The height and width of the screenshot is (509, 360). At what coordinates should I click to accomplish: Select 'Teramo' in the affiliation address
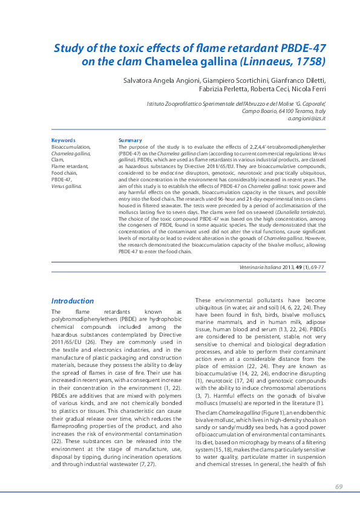click(294, 111)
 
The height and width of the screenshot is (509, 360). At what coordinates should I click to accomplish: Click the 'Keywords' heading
click(64, 140)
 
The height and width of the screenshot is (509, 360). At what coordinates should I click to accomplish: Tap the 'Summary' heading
click(130, 140)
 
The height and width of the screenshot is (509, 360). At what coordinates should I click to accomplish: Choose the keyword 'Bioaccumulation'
click(71, 147)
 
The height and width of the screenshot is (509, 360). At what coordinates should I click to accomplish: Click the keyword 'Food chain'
click(64, 173)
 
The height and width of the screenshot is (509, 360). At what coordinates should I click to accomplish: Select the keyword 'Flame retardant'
click(70, 166)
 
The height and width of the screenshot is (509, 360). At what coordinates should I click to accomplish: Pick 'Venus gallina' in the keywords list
click(67, 186)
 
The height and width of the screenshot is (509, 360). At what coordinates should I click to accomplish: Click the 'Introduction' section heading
click(73, 300)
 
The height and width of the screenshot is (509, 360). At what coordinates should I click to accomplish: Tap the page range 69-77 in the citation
click(316, 267)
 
